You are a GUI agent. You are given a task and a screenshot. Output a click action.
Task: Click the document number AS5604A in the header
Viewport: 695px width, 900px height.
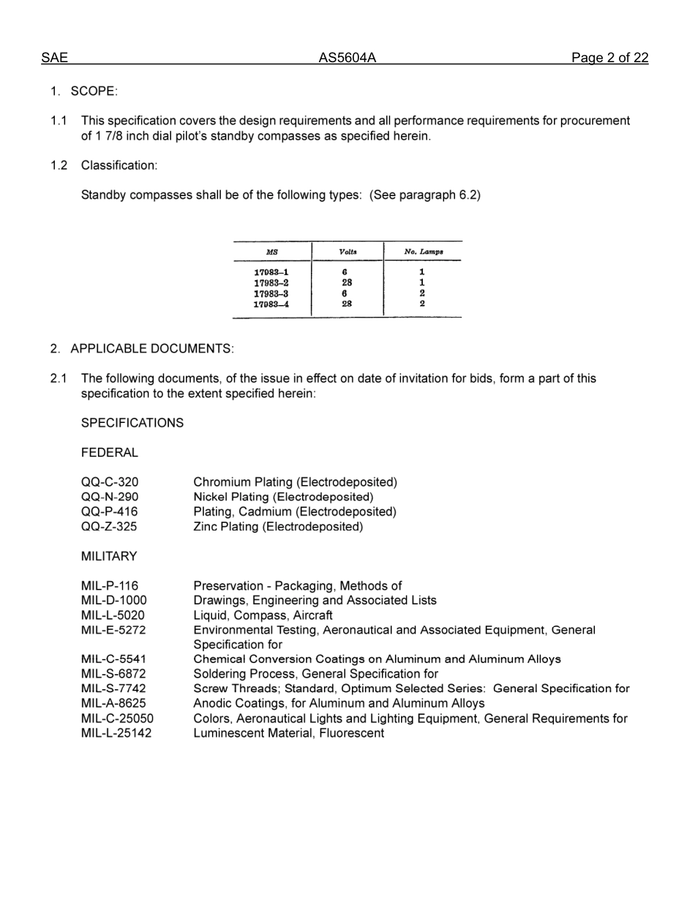(x=347, y=59)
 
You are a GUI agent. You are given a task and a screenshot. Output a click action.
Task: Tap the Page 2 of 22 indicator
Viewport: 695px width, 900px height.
(x=609, y=59)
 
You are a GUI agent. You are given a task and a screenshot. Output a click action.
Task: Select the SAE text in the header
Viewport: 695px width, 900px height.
(x=54, y=59)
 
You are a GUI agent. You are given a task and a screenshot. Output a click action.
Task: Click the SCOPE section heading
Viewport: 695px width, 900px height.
(x=94, y=91)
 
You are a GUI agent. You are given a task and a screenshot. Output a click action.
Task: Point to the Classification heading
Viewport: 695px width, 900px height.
(x=119, y=165)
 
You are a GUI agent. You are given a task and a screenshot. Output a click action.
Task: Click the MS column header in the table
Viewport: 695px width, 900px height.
(x=272, y=252)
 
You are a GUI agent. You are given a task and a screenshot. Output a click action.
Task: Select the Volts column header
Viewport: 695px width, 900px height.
(x=347, y=252)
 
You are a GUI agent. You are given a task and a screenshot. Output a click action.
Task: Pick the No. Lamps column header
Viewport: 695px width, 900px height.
(x=423, y=252)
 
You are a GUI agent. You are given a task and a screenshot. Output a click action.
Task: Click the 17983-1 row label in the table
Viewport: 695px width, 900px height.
(x=271, y=272)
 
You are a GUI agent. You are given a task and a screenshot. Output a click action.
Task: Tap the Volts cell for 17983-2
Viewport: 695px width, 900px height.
(x=347, y=282)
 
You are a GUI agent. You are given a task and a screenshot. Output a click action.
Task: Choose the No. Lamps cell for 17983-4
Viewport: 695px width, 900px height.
(x=422, y=304)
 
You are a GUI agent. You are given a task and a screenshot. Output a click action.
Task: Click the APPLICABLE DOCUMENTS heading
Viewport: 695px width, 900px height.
(x=152, y=349)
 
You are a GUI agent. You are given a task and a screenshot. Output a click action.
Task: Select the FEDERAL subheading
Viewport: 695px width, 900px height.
(x=109, y=453)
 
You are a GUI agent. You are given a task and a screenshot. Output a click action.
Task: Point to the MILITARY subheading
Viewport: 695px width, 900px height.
(x=109, y=556)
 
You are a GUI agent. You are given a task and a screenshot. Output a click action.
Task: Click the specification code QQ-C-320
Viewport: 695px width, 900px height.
(x=109, y=482)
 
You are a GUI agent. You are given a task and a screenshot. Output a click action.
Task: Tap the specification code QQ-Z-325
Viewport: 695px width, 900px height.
(x=108, y=526)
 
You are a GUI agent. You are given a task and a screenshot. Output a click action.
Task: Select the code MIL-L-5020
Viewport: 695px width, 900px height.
(x=113, y=615)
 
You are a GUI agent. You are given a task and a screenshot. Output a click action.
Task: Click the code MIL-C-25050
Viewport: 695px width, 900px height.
(x=117, y=719)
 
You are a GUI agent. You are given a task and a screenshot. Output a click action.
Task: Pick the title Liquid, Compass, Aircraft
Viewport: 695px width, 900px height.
(x=263, y=615)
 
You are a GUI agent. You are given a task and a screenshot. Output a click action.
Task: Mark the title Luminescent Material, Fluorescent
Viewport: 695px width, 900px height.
(x=288, y=733)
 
